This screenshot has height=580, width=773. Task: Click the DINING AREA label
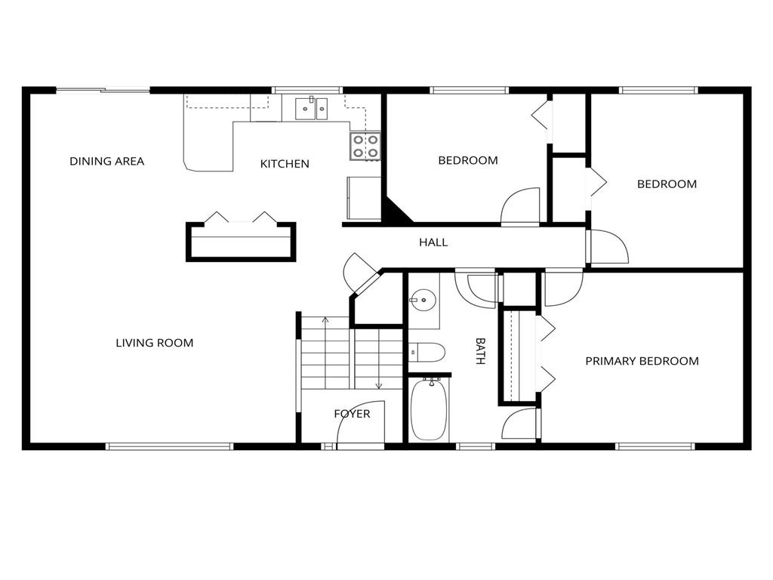pyautogui.click(x=106, y=162)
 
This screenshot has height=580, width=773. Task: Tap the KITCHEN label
pyautogui.click(x=285, y=164)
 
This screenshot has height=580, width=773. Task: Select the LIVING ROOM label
pyautogui.click(x=154, y=343)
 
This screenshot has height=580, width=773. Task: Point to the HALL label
pyautogui.click(x=433, y=242)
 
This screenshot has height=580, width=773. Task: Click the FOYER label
pyautogui.click(x=352, y=414)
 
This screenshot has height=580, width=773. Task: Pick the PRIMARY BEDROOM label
pyautogui.click(x=642, y=361)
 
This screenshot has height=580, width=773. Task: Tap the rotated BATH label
pyautogui.click(x=480, y=350)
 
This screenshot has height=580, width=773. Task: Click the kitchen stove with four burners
pyautogui.click(x=365, y=147)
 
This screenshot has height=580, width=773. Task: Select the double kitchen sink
pyautogui.click(x=311, y=109)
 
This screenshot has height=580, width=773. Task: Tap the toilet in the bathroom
pyautogui.click(x=427, y=352)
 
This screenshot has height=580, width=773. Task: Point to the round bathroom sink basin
pyautogui.click(x=423, y=300)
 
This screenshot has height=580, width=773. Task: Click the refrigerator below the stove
pyautogui.click(x=364, y=199)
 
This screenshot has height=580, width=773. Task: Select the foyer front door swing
pyautogui.click(x=360, y=422)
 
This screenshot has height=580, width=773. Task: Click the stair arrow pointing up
pyautogui.click(x=325, y=353)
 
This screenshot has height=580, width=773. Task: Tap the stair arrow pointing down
pyautogui.click(x=379, y=359)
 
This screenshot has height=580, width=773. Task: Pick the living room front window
pyautogui.click(x=169, y=446)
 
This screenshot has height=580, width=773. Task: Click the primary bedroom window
pyautogui.click(x=655, y=446)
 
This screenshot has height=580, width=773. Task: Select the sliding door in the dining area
pyautogui.click(x=103, y=90)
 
